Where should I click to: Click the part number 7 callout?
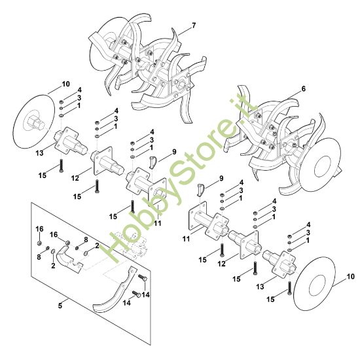point(194,26)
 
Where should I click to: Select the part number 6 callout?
point(304,88)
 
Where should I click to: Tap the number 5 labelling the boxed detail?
point(60,306)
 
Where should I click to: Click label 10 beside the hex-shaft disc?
point(65,84)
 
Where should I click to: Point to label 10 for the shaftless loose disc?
point(350,276)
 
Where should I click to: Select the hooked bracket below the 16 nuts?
point(69,259)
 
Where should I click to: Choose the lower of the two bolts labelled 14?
point(136,293)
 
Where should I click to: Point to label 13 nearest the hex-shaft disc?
point(39,153)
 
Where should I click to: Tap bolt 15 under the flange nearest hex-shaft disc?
point(61,166)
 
